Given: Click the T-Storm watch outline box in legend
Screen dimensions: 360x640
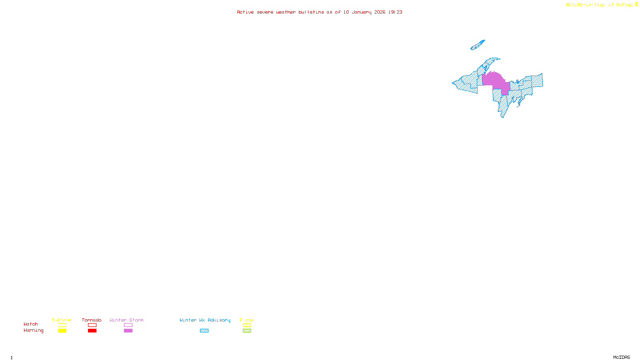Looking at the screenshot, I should (62, 325).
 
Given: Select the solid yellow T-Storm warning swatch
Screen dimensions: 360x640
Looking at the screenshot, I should (62, 331).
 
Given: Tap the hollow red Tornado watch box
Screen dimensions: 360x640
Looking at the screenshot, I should (92, 325).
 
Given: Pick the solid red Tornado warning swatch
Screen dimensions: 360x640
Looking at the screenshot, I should (92, 331).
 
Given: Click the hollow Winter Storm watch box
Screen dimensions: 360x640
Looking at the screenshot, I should (128, 325).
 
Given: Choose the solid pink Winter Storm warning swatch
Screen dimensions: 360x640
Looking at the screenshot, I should (128, 331).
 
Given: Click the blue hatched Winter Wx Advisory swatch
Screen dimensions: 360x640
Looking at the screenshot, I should (204, 331).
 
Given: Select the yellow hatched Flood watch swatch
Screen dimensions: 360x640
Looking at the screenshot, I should (247, 325).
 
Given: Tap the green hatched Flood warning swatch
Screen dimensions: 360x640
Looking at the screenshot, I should (247, 331).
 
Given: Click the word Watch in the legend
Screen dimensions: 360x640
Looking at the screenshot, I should (31, 324).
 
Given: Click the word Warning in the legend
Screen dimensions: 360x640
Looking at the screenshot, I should (33, 330).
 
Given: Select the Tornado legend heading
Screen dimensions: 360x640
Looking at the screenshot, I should (92, 320).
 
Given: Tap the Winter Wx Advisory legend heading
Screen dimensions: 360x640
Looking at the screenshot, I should (205, 320).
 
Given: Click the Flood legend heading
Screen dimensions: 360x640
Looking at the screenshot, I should (247, 320).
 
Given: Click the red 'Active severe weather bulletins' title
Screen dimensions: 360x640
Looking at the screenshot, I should (320, 12).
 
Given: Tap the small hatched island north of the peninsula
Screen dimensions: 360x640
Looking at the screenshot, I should (478, 45).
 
